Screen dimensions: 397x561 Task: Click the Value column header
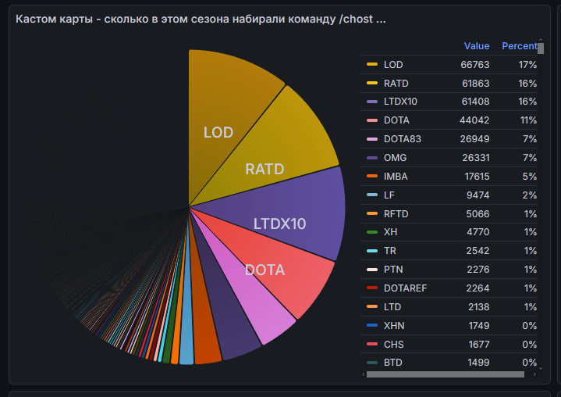[477, 46]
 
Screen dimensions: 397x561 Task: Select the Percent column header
[519, 46]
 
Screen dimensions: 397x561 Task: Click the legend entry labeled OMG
[395, 158]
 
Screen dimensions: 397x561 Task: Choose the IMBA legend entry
[396, 177]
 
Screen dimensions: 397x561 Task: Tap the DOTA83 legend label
[402, 139]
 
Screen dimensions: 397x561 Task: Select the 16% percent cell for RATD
[527, 83]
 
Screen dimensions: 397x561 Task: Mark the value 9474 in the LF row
[478, 195]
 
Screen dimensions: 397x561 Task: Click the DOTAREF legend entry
[405, 288]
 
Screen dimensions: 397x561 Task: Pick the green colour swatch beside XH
[372, 232]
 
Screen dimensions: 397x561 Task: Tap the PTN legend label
[394, 270]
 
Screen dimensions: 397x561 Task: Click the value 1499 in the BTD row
[478, 362]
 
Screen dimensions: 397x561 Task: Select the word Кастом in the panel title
[36, 18]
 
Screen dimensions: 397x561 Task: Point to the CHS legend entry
[394, 344]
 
